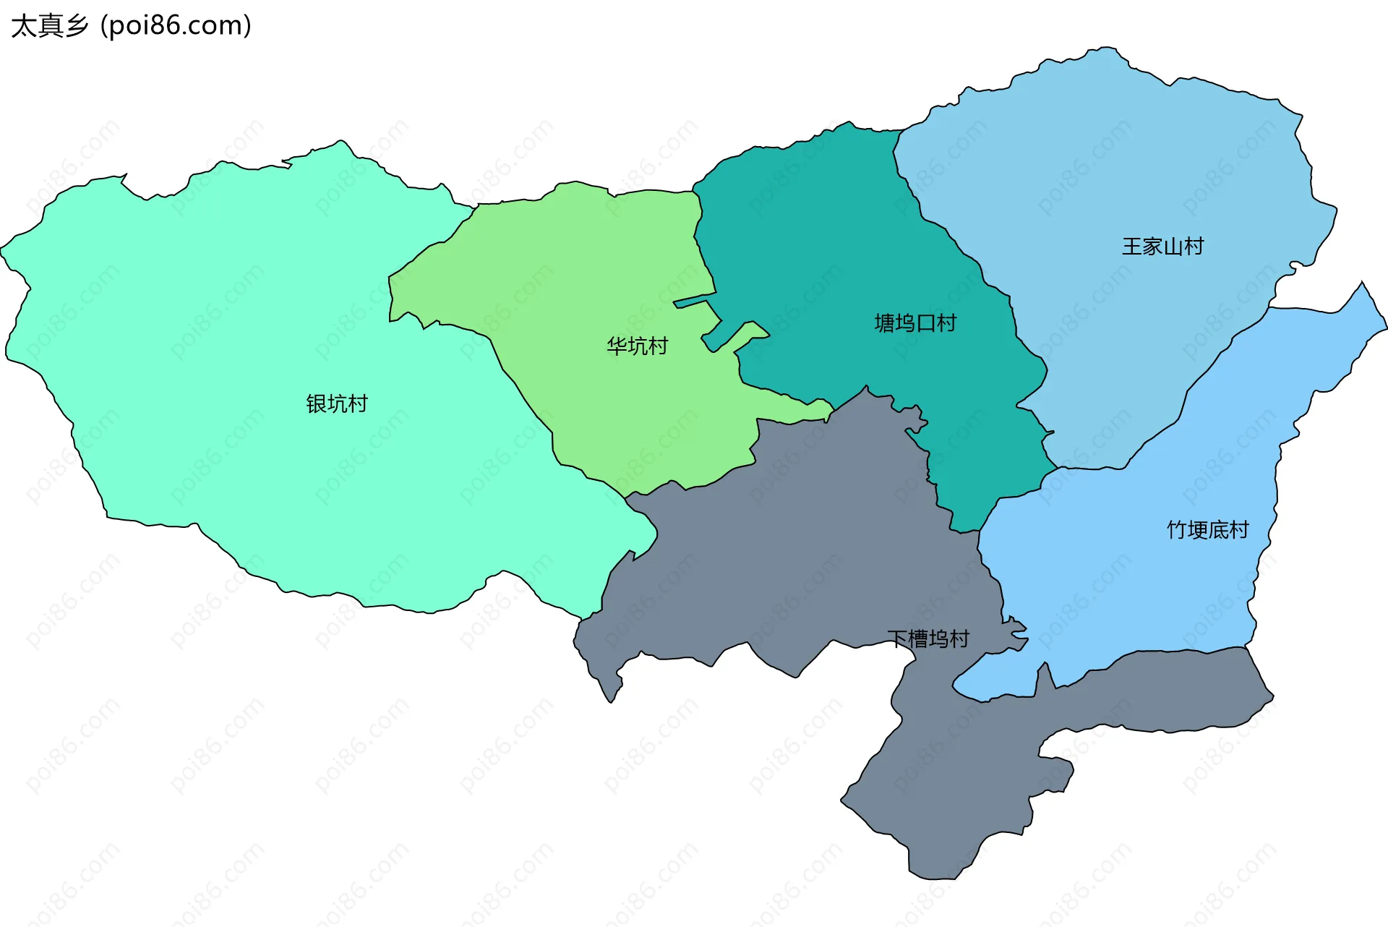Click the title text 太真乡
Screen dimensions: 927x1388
click(49, 26)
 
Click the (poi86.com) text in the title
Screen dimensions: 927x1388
click(176, 26)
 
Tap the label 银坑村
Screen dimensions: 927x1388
click(337, 403)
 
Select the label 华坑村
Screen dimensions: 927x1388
click(637, 346)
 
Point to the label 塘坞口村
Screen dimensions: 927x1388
click(915, 323)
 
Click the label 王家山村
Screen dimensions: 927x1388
click(1162, 247)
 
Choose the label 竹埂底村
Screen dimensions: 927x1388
click(1207, 530)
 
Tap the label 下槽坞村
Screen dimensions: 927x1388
click(928, 639)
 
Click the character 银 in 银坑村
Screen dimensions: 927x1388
click(316, 403)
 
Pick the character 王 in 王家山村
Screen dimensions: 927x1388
click(1132, 247)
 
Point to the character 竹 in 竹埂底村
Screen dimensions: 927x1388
click(1177, 530)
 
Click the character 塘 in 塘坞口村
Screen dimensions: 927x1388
click(885, 323)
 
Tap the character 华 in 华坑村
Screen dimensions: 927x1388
click(617, 346)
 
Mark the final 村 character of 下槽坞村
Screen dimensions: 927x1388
click(959, 639)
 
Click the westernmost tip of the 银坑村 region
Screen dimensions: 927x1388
click(4, 249)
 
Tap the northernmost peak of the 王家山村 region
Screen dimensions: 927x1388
click(1106, 49)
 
